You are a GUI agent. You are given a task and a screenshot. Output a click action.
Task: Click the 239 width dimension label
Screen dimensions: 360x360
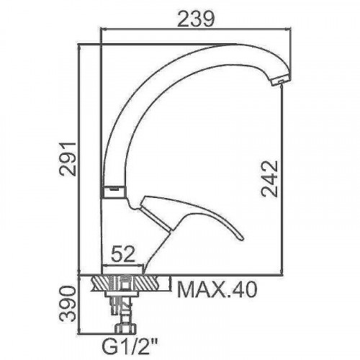(x=195, y=19)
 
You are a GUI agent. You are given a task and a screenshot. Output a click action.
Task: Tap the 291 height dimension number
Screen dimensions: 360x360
(x=68, y=159)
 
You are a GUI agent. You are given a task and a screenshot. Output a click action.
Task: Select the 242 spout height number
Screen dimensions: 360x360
(x=270, y=179)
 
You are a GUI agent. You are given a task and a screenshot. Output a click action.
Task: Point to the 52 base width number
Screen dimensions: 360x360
(x=123, y=253)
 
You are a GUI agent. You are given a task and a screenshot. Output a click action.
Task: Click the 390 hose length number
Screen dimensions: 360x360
(x=68, y=304)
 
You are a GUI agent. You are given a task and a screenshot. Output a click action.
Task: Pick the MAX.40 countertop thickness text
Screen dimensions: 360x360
(x=217, y=290)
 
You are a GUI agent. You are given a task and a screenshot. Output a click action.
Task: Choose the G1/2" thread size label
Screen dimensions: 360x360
(x=130, y=346)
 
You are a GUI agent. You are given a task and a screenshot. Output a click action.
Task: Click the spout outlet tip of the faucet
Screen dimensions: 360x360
(x=282, y=81)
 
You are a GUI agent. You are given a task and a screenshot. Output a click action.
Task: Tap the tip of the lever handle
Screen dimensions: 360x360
(x=241, y=238)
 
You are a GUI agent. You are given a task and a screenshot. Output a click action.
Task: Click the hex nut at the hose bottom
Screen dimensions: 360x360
(x=125, y=328)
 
